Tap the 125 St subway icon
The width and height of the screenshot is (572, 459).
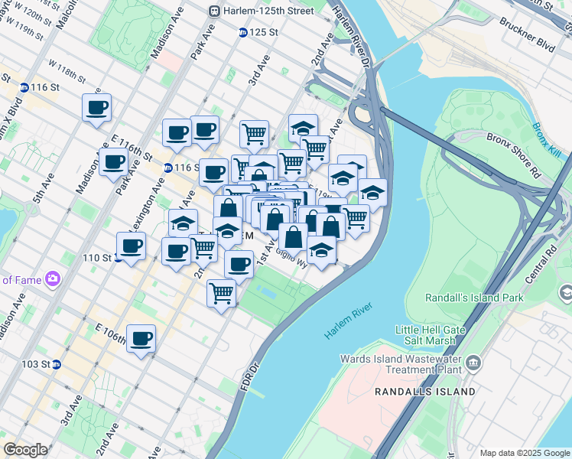click(x=242, y=32)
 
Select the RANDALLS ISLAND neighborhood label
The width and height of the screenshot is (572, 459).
click(x=424, y=392)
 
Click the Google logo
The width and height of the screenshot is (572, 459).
click(x=25, y=450)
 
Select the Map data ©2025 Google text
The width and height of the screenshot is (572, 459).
click(x=524, y=453)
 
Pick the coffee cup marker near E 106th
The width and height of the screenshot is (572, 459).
click(x=141, y=338)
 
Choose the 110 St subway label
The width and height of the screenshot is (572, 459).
click(x=97, y=258)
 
